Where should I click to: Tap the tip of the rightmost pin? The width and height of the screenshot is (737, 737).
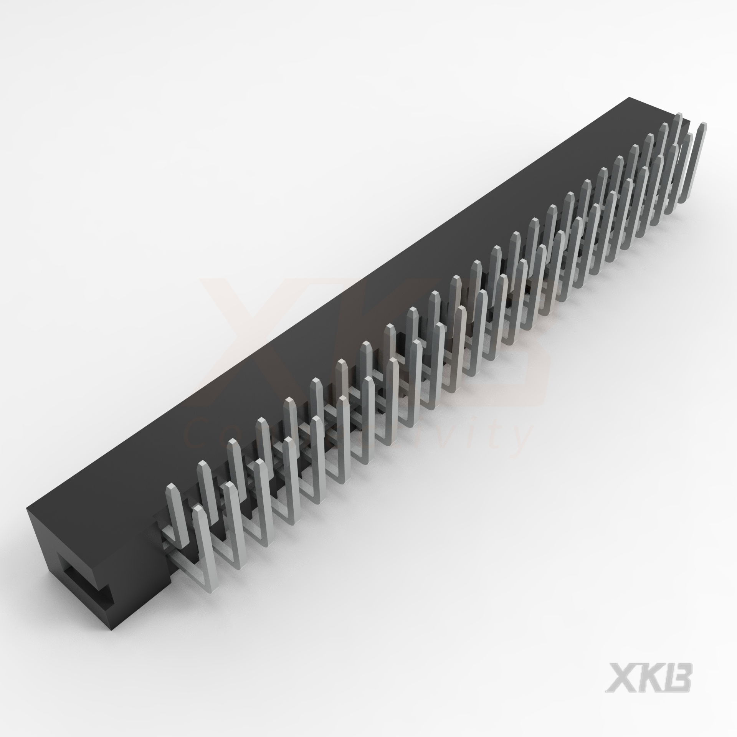click(702, 125)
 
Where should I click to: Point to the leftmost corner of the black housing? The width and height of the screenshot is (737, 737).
click(26, 510)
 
